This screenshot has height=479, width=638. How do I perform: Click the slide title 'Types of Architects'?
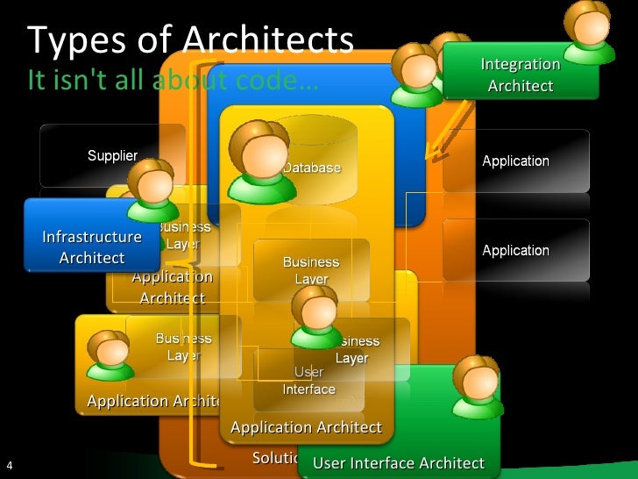pos(190,40)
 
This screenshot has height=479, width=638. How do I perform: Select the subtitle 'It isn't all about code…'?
pos(172,81)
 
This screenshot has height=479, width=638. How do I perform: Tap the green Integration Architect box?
pos(521,75)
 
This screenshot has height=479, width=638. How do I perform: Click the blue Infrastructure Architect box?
pos(92,247)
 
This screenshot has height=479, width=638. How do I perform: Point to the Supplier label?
pos(112,155)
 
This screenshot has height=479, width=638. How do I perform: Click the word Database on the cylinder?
pos(311,168)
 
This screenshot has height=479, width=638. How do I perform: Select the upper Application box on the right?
pos(515,161)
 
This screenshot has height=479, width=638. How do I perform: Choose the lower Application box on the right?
pos(515,250)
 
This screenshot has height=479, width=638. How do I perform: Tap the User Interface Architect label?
pos(398,463)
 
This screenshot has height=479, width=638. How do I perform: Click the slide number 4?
pos(8,465)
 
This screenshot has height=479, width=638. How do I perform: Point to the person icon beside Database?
pos(260,161)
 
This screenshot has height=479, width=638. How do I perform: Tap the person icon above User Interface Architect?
pos(478,387)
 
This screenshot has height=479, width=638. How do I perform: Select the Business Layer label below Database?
pos(311,270)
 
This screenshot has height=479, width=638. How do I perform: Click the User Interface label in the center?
pos(308,382)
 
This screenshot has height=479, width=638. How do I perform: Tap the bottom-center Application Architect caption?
pos(306,427)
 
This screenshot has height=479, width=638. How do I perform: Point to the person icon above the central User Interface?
pos(315,316)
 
